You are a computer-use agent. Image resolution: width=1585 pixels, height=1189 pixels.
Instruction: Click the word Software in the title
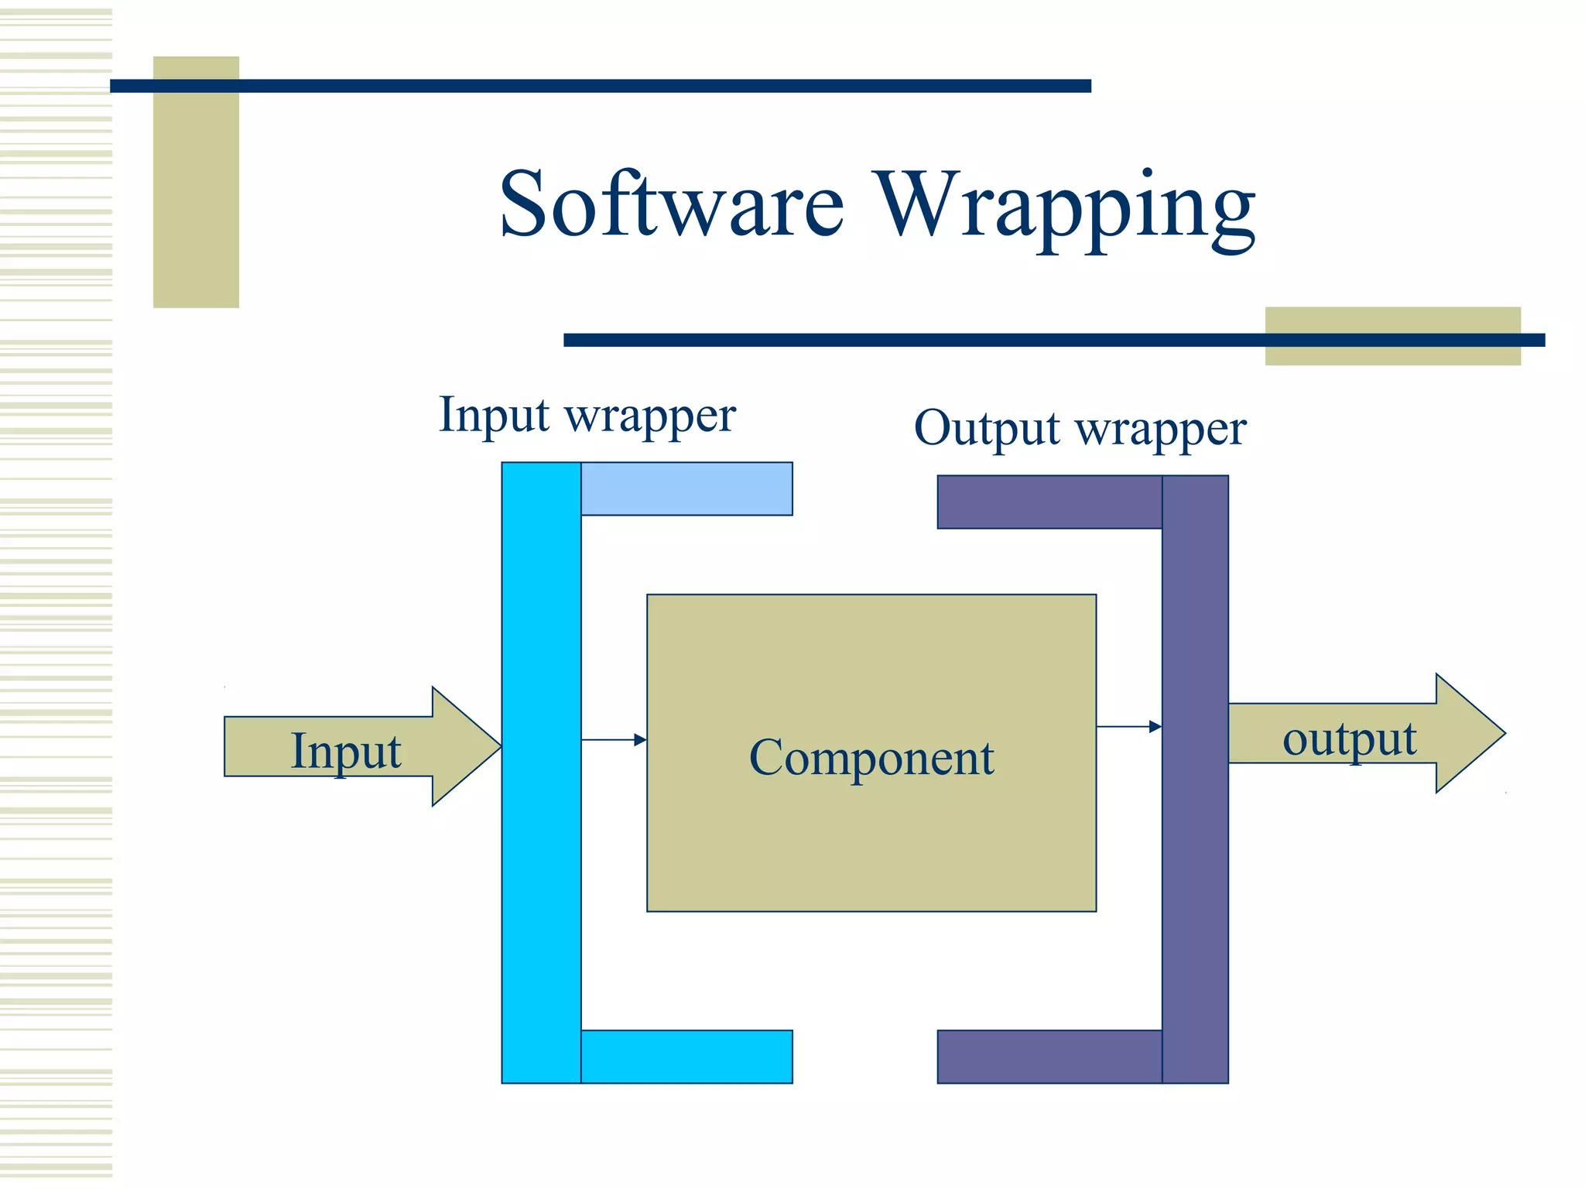(x=671, y=204)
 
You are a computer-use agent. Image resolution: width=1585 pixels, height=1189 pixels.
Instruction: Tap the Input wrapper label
(x=587, y=416)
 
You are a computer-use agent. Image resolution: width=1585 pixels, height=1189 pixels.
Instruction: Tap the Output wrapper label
(x=1080, y=428)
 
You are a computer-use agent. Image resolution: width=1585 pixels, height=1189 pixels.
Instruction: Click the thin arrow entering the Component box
(x=614, y=740)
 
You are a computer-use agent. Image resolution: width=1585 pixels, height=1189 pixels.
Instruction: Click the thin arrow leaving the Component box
(x=1129, y=727)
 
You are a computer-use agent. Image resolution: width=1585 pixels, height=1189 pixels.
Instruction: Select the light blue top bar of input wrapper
(x=686, y=488)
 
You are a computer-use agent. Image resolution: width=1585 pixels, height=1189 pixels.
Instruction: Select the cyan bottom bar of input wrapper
(x=686, y=1057)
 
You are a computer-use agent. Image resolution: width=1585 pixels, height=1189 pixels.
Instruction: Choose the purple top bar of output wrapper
(x=1049, y=502)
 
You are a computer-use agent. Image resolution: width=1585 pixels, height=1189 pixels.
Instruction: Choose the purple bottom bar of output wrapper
(x=1049, y=1057)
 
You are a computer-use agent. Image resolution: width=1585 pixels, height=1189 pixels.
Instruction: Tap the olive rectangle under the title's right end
(x=1392, y=354)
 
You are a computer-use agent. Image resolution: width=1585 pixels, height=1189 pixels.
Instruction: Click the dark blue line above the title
(x=600, y=86)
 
